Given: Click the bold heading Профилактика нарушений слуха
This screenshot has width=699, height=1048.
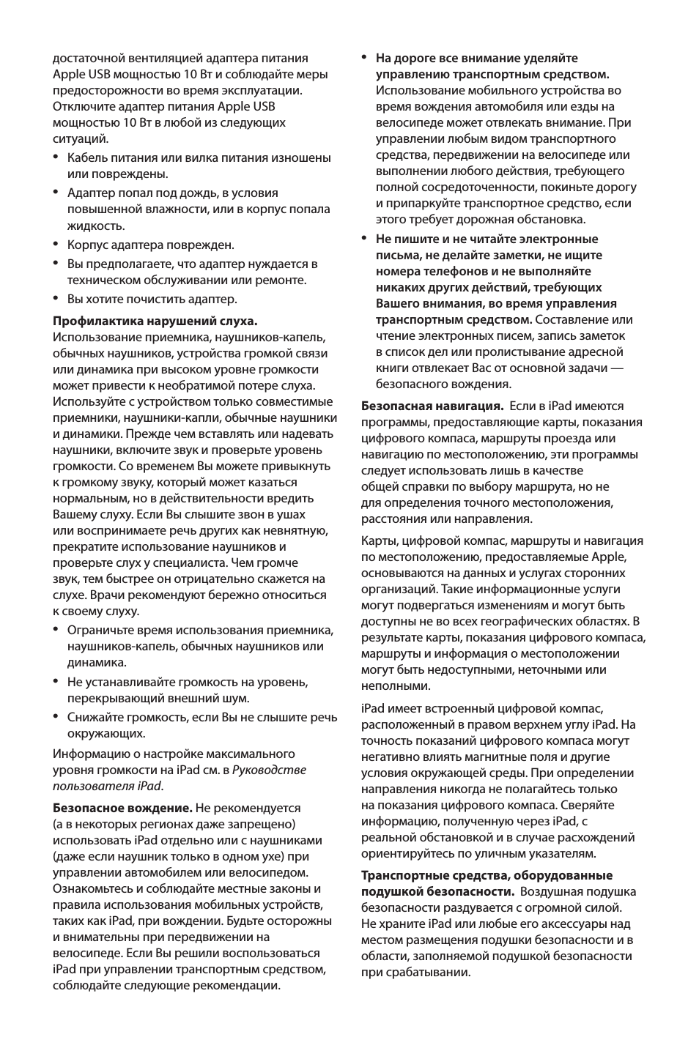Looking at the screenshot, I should point(155,321).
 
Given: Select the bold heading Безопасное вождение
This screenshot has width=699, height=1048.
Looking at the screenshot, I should point(122,808).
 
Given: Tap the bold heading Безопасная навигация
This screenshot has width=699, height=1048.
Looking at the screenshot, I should point(432,406).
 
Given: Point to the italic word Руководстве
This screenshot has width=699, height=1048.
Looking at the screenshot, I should point(269,770).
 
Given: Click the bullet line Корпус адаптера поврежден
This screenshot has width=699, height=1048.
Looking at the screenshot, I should point(150,245).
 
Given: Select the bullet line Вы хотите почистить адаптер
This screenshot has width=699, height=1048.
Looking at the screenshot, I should point(152,299).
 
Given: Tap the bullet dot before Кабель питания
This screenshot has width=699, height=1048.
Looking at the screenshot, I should point(56,157).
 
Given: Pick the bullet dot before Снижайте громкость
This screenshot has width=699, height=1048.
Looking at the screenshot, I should point(56,716).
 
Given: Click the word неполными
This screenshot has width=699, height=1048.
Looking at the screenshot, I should point(395,685).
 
